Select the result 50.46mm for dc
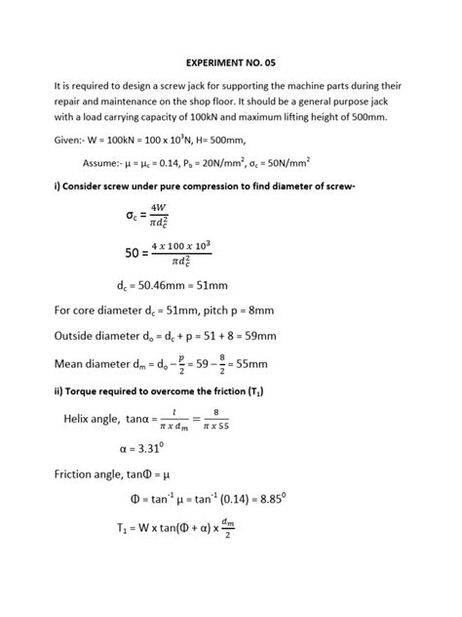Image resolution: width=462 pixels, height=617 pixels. (153, 287)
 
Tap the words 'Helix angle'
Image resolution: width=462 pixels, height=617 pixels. (88, 421)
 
